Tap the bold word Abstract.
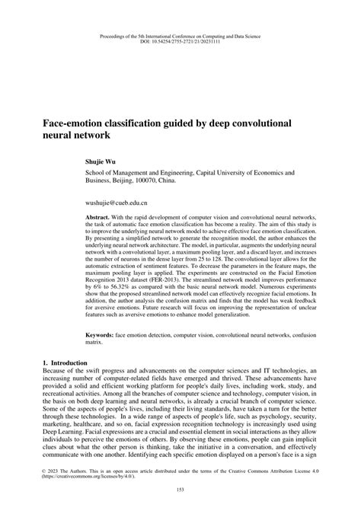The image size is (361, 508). [x=102, y=217]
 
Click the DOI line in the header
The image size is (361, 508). [x=180, y=43]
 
